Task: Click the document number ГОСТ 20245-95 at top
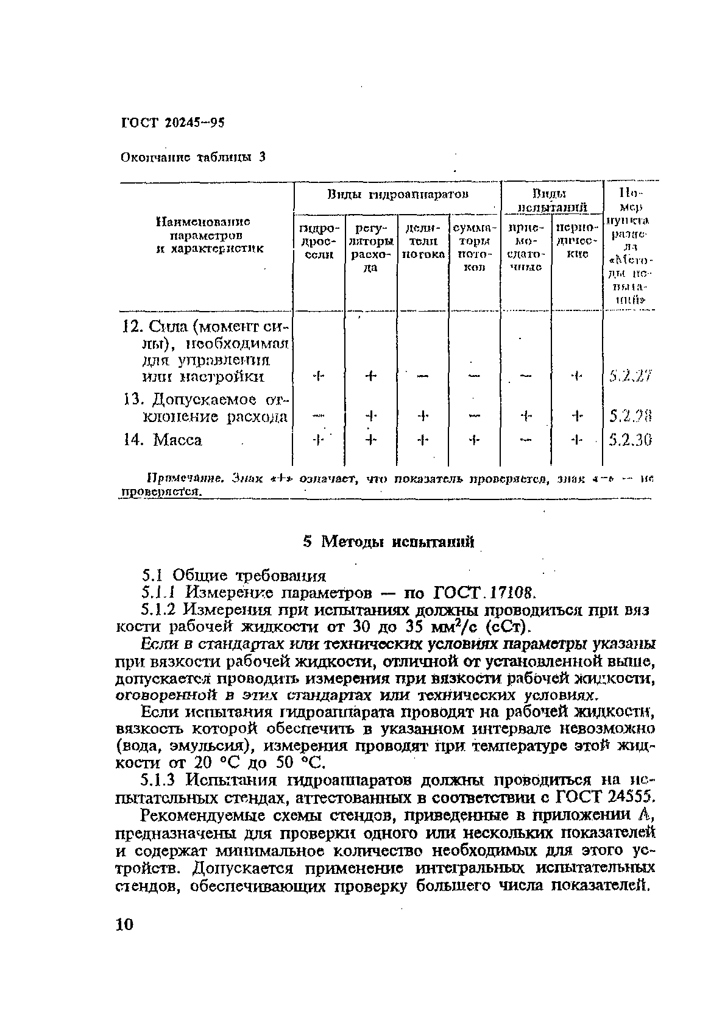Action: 173,123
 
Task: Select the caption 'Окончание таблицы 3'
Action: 193,157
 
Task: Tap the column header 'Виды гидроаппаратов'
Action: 398,195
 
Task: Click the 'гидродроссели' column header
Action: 319,241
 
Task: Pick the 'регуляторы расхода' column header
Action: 371,246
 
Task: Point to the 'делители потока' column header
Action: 423,241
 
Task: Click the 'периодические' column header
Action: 576,241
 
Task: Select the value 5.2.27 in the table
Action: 630,376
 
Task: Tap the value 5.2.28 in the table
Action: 631,417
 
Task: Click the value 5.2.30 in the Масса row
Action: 631,439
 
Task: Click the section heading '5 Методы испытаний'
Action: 389,541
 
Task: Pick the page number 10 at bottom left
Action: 123,925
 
